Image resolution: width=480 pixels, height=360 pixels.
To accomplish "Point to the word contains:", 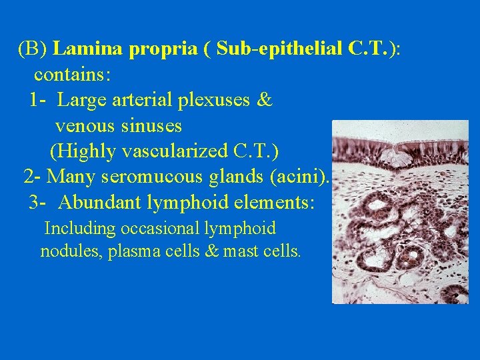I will point(73,75).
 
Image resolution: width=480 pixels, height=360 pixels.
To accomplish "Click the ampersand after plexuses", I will point(264,100).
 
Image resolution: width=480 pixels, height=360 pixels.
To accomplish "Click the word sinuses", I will point(153,125).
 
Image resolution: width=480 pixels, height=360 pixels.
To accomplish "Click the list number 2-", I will point(33,177).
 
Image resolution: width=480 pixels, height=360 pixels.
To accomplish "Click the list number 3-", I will point(37,202).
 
